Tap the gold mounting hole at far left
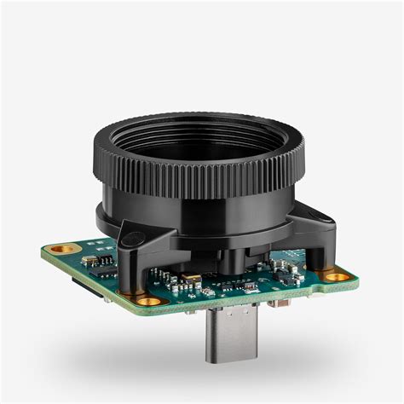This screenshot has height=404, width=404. [61, 249]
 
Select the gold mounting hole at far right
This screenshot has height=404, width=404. [337, 276]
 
